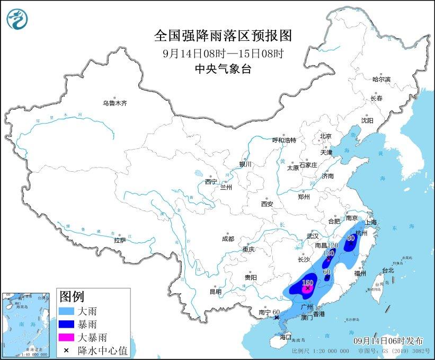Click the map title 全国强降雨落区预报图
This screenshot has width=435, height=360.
tap(223, 36)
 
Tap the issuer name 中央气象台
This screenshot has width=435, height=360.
tap(223, 68)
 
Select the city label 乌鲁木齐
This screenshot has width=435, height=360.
tap(114, 103)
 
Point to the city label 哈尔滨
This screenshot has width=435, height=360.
tap(381, 79)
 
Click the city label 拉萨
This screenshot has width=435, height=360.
tap(120, 240)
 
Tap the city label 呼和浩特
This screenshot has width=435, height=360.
tap(284, 140)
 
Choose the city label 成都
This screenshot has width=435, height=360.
tap(228, 239)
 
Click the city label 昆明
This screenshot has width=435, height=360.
tap(215, 291)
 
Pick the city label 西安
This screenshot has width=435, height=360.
tap(267, 204)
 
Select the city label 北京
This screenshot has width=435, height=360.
tap(325, 136)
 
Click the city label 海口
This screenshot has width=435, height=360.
tap(286, 337)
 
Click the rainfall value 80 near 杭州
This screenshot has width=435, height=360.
tap(350, 239)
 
